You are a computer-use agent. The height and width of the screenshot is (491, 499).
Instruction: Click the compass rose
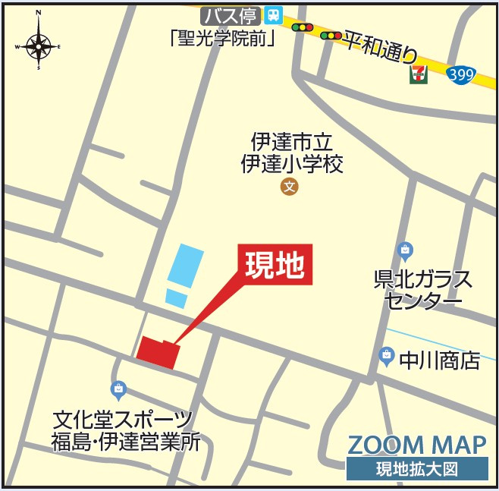click(39, 46)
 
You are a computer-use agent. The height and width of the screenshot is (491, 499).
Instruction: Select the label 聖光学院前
click(222, 37)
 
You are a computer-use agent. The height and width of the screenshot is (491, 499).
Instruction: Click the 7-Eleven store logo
click(418, 74)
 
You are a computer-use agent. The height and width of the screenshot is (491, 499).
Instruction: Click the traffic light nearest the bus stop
click(303, 27)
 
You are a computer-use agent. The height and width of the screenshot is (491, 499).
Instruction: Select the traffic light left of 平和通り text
click(331, 35)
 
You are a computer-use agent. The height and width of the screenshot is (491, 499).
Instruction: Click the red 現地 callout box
click(275, 264)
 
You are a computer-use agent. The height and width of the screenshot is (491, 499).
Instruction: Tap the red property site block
click(158, 352)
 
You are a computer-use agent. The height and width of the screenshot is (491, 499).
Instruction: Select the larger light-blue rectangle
click(185, 265)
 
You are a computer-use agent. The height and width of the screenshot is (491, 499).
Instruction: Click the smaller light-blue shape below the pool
click(176, 297)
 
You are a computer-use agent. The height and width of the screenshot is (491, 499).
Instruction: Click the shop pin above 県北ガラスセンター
click(406, 250)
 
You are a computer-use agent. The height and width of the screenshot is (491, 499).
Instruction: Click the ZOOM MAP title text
click(416, 445)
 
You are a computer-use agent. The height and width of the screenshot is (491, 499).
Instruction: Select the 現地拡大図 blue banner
click(416, 469)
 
